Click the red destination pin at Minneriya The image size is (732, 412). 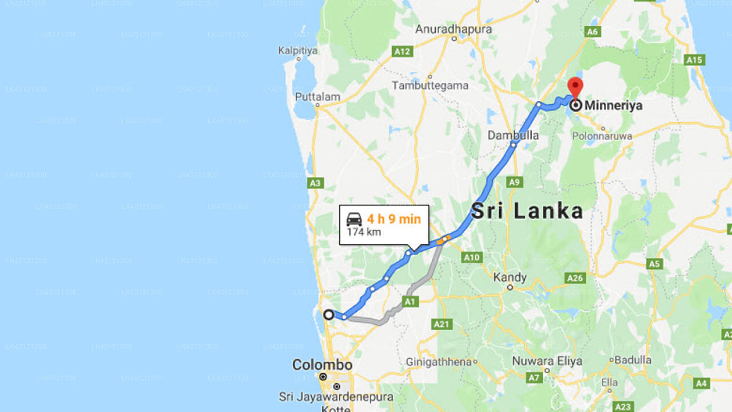(x=575, y=88)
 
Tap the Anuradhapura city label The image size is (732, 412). (x=453, y=29)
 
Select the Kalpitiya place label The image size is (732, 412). (x=297, y=50)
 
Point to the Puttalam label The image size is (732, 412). (x=317, y=97)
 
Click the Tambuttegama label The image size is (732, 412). (x=429, y=85)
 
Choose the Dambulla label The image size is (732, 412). (x=513, y=135)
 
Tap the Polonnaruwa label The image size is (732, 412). (x=602, y=136)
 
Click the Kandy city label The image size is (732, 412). (x=510, y=278)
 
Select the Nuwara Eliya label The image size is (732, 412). (x=547, y=361)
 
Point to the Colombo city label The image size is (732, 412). (x=322, y=365)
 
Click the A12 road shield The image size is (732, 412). (x=403, y=51)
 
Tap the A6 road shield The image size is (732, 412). (x=592, y=31)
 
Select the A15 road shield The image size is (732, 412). (x=694, y=60)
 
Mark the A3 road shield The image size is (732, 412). (x=315, y=183)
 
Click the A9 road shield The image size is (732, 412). (x=514, y=182)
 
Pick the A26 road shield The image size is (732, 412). (x=575, y=278)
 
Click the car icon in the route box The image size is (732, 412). (x=354, y=219)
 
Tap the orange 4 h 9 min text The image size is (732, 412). (x=393, y=219)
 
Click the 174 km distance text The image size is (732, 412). (x=364, y=232)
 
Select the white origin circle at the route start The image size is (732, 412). (x=329, y=315)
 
